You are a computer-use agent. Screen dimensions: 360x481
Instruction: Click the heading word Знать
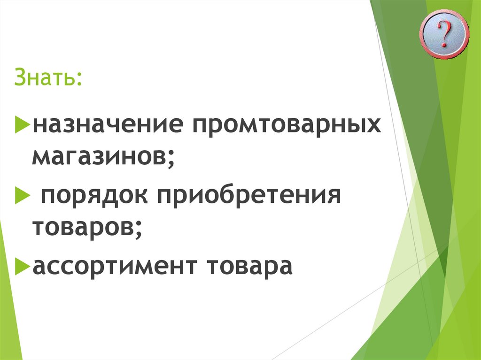[47, 77]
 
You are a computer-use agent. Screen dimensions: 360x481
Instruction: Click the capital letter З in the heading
[19, 77]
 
